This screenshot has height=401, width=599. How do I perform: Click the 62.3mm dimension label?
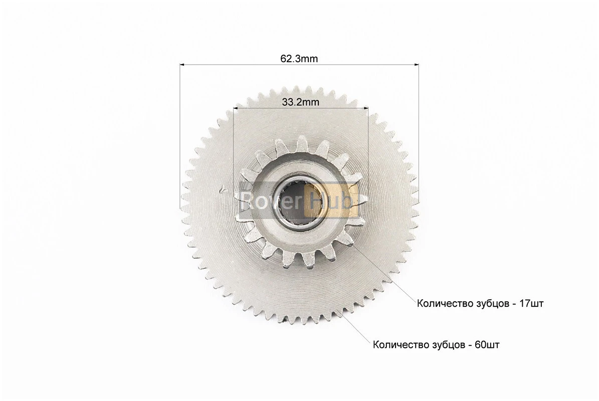point(299,59)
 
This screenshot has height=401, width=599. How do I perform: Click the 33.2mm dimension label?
point(301,102)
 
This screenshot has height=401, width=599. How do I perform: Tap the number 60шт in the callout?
point(487,345)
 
